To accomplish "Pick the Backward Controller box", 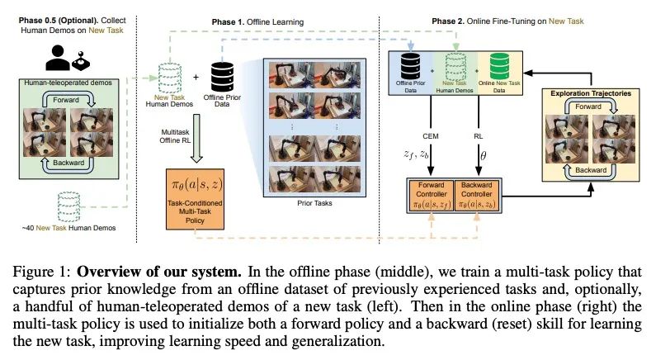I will pos(479,195).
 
